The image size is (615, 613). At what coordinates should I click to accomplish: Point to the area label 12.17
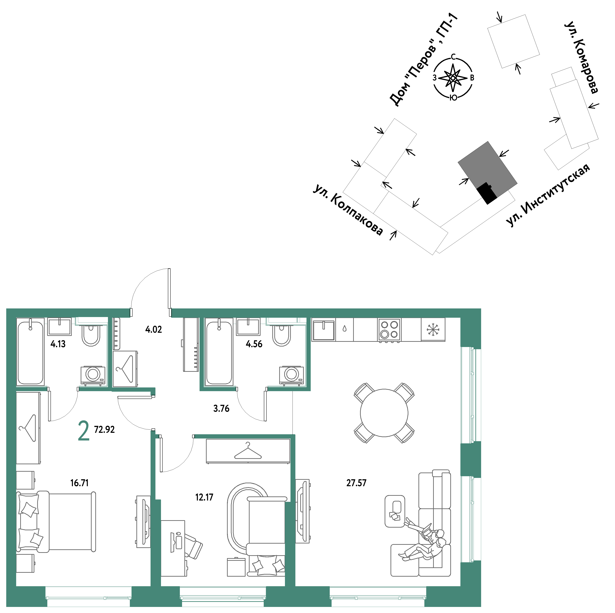point(204,497)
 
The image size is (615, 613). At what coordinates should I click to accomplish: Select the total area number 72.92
point(104,430)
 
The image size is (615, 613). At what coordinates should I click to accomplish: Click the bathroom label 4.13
point(58,344)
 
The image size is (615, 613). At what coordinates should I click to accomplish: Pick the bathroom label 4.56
point(254,344)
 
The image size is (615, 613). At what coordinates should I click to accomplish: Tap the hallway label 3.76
point(221,408)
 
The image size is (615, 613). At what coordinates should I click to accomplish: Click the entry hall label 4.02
point(153,329)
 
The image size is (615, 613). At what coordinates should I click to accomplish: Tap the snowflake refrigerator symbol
point(433,330)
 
